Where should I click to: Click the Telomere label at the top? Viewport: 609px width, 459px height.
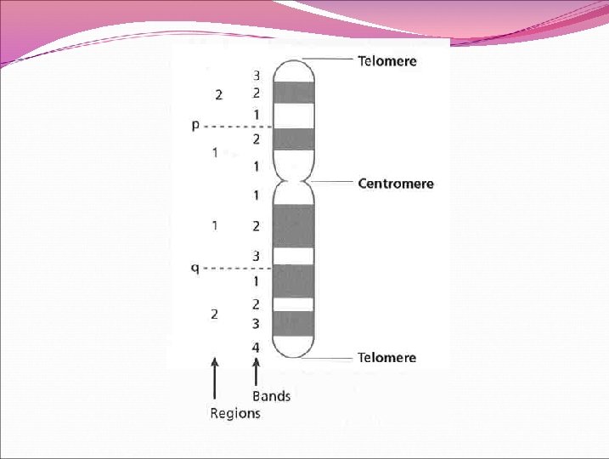[x=387, y=61]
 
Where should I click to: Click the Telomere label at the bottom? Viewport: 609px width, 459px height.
[x=387, y=357]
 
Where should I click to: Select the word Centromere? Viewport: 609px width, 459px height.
[x=395, y=184]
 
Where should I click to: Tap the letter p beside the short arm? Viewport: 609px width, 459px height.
[x=195, y=125]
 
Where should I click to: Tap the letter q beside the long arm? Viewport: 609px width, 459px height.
[x=195, y=268]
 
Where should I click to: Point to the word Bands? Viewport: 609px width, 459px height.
[x=271, y=396]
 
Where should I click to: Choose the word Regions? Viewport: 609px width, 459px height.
[x=235, y=413]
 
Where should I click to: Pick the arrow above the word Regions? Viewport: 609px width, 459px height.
[x=215, y=378]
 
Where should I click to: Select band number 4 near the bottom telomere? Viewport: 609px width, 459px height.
[x=256, y=348]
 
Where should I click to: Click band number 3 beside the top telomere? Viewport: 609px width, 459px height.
[x=256, y=75]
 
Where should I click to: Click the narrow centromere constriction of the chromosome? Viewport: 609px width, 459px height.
[x=293, y=181]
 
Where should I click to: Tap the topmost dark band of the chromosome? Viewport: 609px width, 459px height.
[x=293, y=92]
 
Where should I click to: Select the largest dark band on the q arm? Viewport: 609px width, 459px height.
[x=293, y=225]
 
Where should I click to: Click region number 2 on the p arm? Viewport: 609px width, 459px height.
[x=218, y=95]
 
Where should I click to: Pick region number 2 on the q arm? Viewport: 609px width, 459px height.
[x=215, y=314]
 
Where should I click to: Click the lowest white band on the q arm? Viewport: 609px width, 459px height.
[x=293, y=304]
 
